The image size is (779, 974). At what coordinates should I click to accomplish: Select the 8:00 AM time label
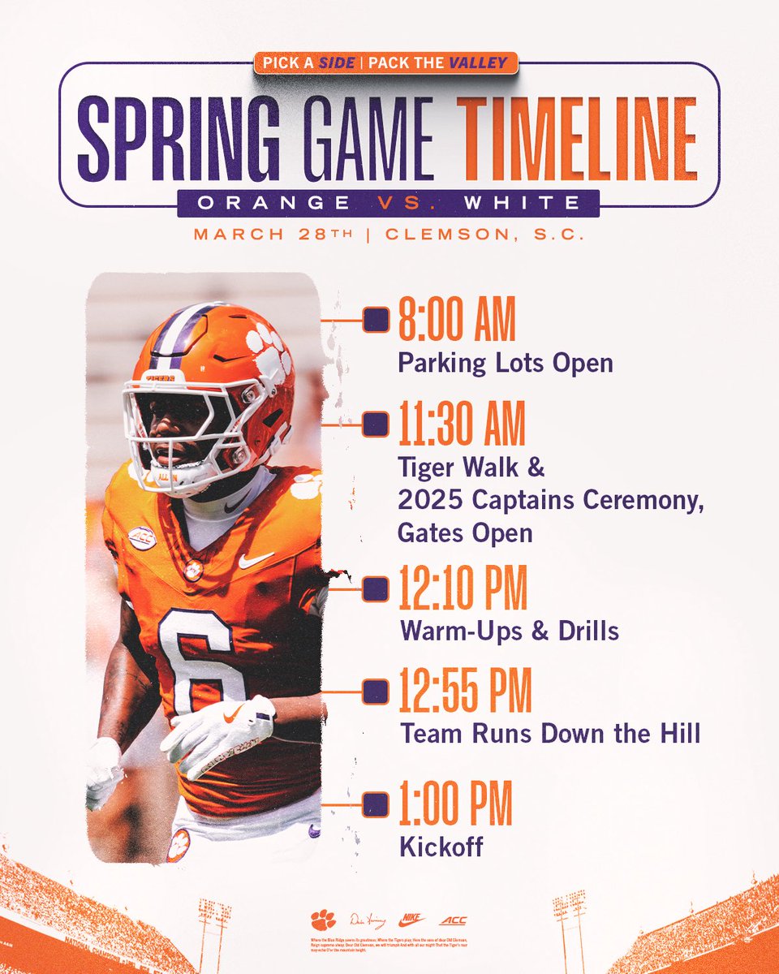(x=457, y=321)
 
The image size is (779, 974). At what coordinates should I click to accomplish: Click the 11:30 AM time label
(x=462, y=425)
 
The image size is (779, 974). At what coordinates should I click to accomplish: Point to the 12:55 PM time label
(x=464, y=692)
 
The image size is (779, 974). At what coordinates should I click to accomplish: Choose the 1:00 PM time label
(x=455, y=804)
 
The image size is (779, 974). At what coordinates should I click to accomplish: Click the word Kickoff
(x=441, y=847)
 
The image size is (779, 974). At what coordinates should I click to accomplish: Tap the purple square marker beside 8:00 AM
(x=375, y=320)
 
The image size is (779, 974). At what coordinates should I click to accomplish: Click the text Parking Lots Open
(x=505, y=362)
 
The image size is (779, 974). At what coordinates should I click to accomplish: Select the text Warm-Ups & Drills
(x=510, y=631)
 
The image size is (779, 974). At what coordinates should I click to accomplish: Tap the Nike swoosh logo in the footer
(x=413, y=920)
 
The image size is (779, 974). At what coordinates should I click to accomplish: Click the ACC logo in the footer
(x=453, y=920)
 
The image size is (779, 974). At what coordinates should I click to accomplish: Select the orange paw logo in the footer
(x=323, y=920)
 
